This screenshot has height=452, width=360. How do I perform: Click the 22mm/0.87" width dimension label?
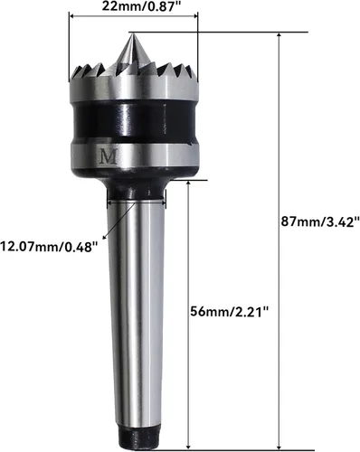click(142, 6)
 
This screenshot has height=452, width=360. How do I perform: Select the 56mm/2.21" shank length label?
click(230, 311)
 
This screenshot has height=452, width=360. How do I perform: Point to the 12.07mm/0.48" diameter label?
click(50, 247)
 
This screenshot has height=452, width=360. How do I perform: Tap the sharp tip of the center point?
click(132, 33)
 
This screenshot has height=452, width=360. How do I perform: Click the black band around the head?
click(134, 120)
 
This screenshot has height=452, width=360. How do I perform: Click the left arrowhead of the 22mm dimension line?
click(71, 17)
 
